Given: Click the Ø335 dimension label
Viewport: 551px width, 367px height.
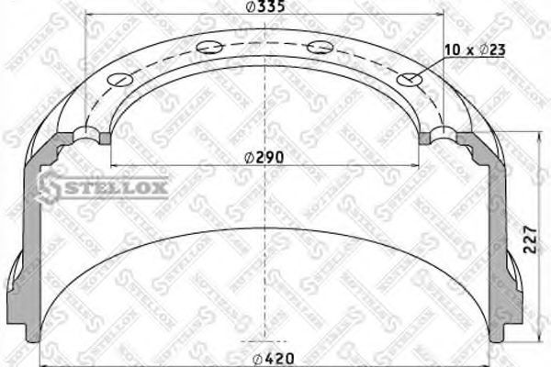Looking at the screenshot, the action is (265, 6).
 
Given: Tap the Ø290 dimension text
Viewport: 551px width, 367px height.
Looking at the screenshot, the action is (264, 158).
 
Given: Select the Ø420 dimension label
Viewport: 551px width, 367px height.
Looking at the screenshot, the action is (274, 359).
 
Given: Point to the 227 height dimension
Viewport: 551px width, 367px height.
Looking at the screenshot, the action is (530, 240).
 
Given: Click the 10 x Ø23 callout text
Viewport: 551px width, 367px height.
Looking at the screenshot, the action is (475, 50).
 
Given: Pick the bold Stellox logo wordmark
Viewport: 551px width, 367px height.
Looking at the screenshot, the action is (104, 187).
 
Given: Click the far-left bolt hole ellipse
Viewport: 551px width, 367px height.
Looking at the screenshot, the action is (120, 80).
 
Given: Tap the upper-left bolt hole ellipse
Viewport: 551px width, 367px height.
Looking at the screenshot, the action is (209, 47).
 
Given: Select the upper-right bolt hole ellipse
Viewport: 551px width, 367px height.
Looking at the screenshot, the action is (320, 47).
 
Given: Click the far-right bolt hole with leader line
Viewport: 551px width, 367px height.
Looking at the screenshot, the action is (410, 80).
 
